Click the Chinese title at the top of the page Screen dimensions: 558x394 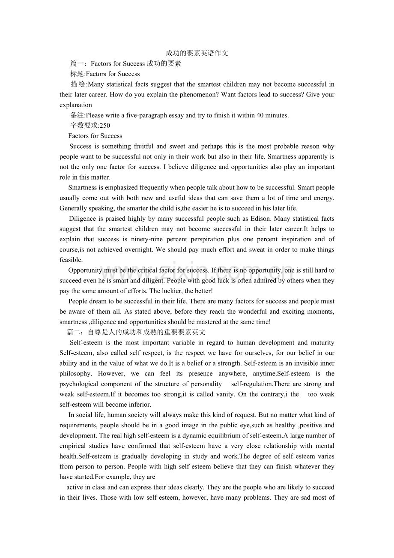coord(197,53)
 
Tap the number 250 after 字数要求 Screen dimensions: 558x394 coord(104,126)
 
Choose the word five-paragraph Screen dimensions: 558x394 coord(145,115)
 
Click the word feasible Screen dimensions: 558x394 coord(71,260)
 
